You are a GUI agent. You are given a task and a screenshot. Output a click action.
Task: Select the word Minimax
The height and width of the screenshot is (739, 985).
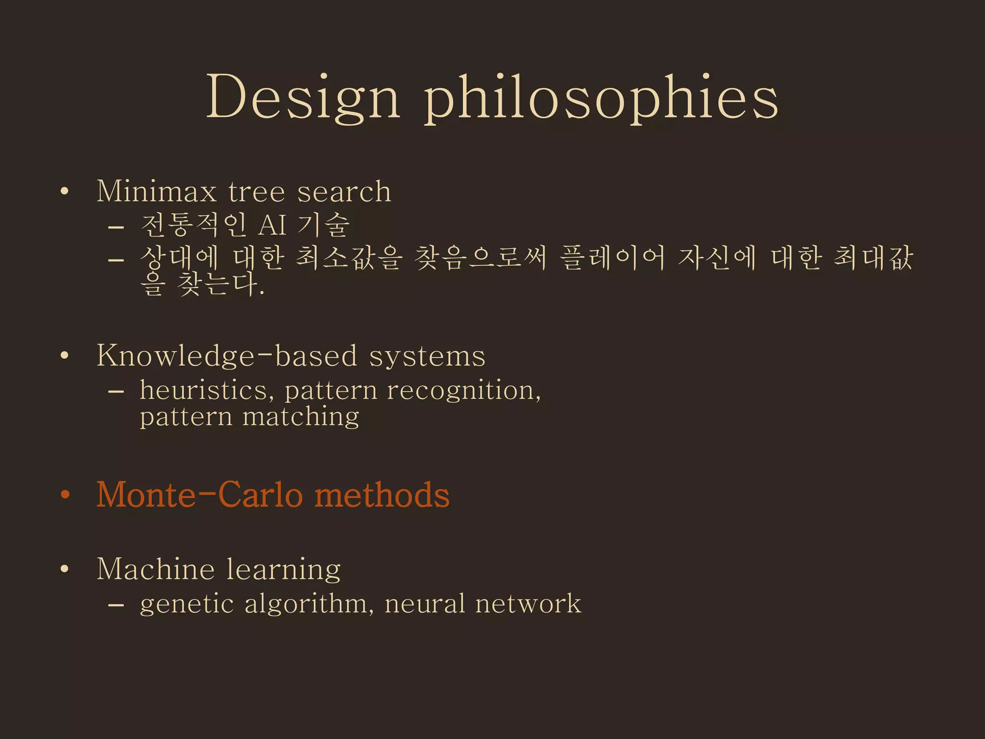pyautogui.click(x=157, y=191)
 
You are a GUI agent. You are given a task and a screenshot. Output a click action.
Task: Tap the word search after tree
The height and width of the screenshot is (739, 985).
pyautogui.click(x=344, y=191)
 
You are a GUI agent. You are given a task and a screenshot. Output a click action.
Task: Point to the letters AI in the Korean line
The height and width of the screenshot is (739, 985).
pyautogui.click(x=273, y=225)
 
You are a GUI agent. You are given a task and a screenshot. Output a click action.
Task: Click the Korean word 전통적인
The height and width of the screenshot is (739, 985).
pyautogui.click(x=194, y=225)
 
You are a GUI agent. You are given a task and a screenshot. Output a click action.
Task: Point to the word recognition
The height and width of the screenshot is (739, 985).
pyautogui.click(x=464, y=391)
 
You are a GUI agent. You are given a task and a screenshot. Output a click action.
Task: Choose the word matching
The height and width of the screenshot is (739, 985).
pyautogui.click(x=301, y=417)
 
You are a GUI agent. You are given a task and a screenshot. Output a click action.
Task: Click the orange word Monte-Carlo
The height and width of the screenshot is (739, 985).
pyautogui.click(x=200, y=495)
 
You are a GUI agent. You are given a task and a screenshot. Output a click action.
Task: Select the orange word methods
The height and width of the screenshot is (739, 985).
pyautogui.click(x=382, y=495)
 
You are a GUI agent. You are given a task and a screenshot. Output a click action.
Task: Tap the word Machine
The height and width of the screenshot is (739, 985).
pyautogui.click(x=155, y=569)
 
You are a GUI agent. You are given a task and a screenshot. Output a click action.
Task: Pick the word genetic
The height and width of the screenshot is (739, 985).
pyautogui.click(x=187, y=604)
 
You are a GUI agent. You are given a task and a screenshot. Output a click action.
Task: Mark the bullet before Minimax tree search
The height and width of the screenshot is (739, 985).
pyautogui.click(x=65, y=191)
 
